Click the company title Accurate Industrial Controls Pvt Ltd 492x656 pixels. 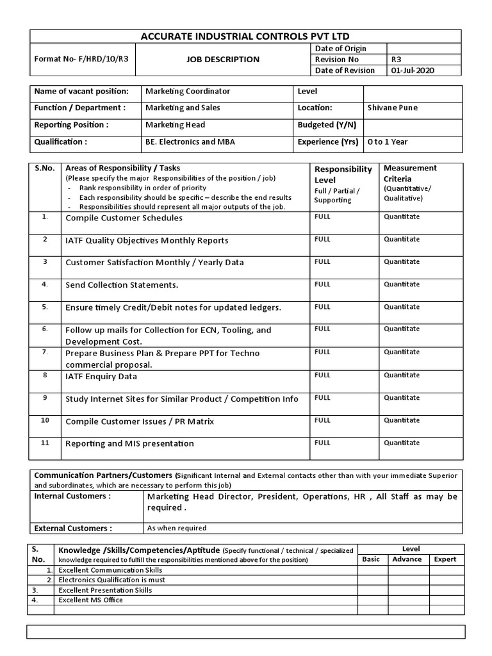tap(245, 36)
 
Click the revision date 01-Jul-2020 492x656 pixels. tap(413, 70)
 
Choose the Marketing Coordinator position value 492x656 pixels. tap(188, 92)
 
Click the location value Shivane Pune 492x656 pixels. tap(392, 108)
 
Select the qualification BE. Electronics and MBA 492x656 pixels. tap(190, 142)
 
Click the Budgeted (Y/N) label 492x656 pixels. tap(327, 125)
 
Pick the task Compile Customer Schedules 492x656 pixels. tap(124, 218)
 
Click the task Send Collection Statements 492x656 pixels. tap(122, 284)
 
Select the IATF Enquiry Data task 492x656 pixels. tap(101, 377)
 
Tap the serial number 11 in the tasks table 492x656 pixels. tap(45, 443)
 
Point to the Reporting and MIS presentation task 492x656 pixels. tap(129, 443)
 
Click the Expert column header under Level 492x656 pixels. tap(445, 559)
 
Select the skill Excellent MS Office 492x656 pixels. tap(90, 600)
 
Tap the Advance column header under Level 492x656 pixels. tap(407, 559)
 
